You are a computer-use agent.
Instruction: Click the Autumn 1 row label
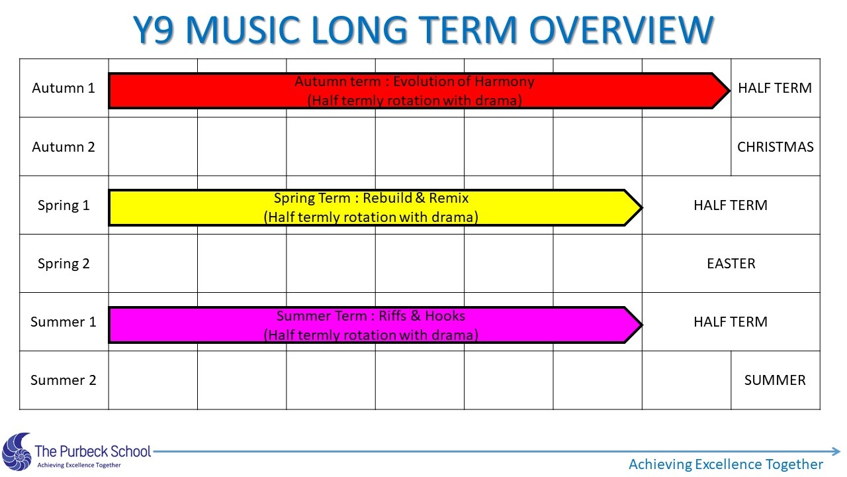click(64, 88)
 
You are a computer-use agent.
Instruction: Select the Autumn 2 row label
click(64, 147)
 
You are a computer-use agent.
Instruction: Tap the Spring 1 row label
click(64, 205)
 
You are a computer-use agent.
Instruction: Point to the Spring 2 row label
click(64, 264)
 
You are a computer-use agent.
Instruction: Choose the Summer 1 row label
click(64, 322)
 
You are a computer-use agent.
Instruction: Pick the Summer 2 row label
click(64, 380)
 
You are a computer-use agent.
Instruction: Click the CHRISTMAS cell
click(775, 147)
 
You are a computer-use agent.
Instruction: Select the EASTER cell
click(731, 264)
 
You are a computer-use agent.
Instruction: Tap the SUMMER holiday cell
click(775, 380)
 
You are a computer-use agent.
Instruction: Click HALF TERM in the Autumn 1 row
click(775, 88)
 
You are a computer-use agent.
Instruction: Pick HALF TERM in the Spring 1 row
click(731, 205)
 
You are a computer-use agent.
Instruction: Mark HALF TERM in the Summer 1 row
click(731, 322)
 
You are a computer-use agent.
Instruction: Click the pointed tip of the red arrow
click(729, 91)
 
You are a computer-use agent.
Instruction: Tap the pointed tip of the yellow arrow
click(642, 207)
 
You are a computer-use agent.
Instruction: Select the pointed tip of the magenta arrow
click(642, 325)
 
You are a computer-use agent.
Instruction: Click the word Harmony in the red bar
click(504, 81)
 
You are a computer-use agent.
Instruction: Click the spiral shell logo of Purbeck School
click(17, 452)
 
